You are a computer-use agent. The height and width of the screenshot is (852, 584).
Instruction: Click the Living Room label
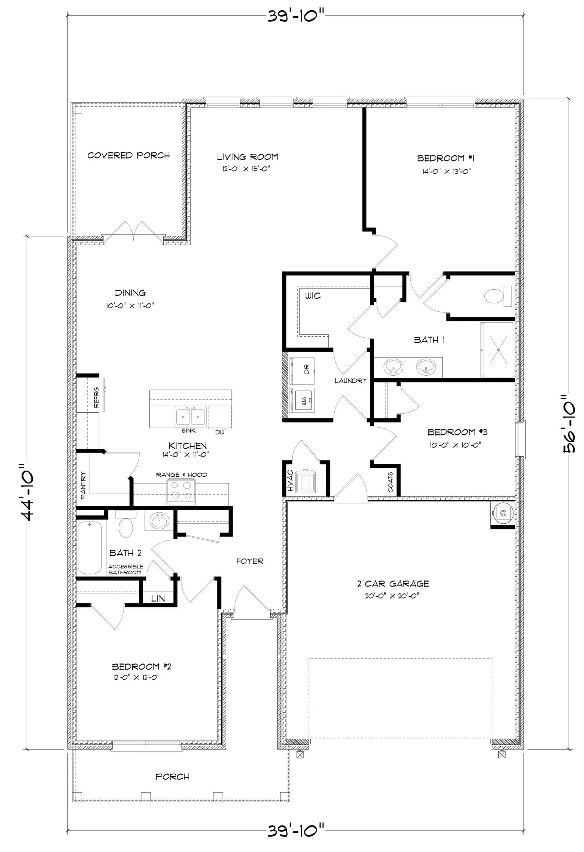pyautogui.click(x=247, y=157)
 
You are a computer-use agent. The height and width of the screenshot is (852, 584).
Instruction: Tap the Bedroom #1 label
pyautogui.click(x=446, y=158)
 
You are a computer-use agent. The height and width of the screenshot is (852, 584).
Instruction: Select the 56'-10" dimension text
pyautogui.click(x=569, y=424)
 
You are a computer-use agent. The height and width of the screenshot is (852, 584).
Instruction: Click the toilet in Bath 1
pyautogui.click(x=498, y=296)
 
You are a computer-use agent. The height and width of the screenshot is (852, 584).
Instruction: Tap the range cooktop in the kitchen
pyautogui.click(x=181, y=492)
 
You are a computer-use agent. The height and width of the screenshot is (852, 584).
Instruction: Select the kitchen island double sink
pyautogui.click(x=190, y=417)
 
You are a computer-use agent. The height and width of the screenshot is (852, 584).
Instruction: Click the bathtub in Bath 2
pyautogui.click(x=90, y=548)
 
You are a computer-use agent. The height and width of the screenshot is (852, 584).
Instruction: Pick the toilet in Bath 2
pyautogui.click(x=126, y=524)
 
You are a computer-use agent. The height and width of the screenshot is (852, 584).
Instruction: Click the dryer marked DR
pyautogui.click(x=302, y=369)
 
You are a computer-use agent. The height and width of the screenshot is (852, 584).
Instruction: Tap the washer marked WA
pyautogui.click(x=302, y=400)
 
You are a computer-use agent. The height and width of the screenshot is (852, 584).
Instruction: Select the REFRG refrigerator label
pyautogui.click(x=96, y=397)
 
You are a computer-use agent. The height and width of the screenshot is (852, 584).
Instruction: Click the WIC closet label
pyautogui.click(x=313, y=296)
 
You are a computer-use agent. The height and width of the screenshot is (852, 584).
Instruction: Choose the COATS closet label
pyautogui.click(x=390, y=482)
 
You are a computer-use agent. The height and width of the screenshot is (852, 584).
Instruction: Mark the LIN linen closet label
pyautogui.click(x=158, y=598)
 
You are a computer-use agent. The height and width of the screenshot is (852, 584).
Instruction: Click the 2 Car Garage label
pyautogui.click(x=393, y=584)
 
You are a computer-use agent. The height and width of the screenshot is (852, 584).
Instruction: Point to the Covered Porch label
pyautogui.click(x=128, y=155)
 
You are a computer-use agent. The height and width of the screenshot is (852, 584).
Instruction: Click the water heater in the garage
pyautogui.click(x=503, y=513)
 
